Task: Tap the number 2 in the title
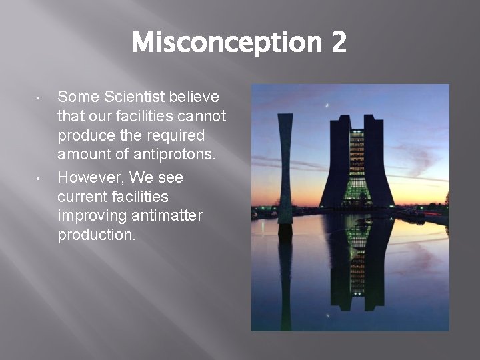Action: [337, 43]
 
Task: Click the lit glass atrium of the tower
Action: [357, 167]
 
